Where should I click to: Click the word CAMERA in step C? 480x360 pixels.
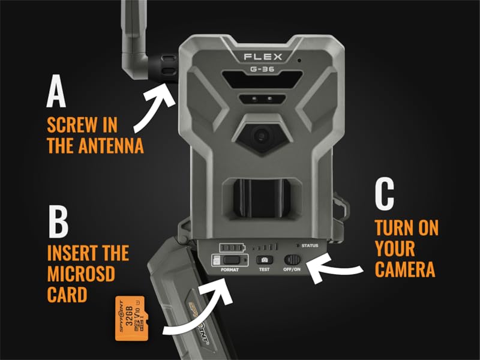pos(406,269)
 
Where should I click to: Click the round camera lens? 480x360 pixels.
pos(260,136)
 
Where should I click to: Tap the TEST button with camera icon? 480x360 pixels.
pos(264,260)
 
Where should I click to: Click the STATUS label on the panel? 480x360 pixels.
pos(310,246)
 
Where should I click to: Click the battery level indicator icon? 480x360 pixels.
pos(232,247)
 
